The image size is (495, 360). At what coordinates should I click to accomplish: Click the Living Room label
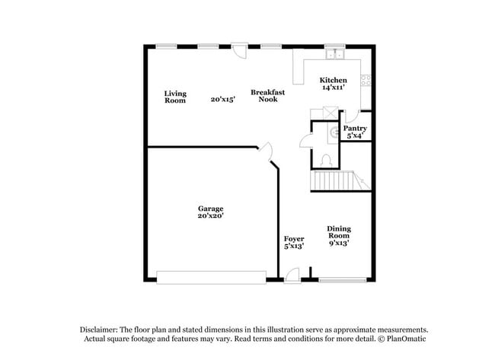pos(174,97)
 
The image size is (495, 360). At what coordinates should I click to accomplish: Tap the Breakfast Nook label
pos(267,96)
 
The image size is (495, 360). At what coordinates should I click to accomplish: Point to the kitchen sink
pos(334,55)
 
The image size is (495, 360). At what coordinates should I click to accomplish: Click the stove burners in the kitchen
pos(366,79)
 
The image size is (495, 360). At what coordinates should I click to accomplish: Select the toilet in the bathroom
pos(325,159)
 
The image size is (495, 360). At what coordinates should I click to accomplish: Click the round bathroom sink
pos(334,130)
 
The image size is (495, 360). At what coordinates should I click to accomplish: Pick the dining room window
pos(340,280)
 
